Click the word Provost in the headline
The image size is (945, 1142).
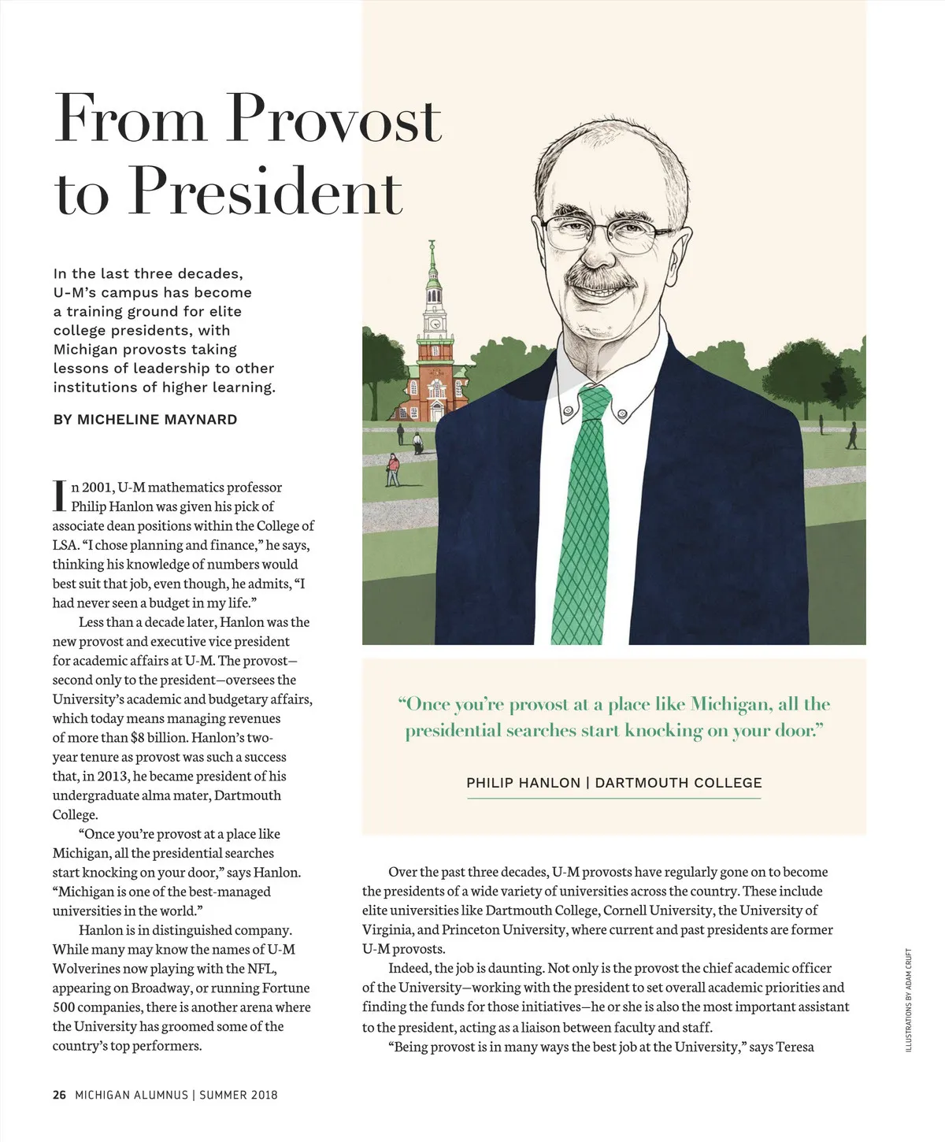(x=335, y=118)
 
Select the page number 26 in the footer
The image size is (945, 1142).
(x=59, y=1095)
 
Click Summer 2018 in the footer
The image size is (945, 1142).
(x=239, y=1095)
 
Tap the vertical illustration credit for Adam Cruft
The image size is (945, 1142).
(x=909, y=1000)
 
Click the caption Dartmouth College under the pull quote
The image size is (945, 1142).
(x=678, y=783)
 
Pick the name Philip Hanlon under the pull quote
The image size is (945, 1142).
(x=523, y=783)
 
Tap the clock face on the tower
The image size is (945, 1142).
(x=433, y=324)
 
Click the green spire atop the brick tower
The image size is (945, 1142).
(x=432, y=260)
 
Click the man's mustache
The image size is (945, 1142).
(x=598, y=279)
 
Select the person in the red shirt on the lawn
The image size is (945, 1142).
(x=393, y=469)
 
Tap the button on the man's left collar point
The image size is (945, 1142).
(x=622, y=413)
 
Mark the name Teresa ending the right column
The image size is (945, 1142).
(x=795, y=1047)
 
